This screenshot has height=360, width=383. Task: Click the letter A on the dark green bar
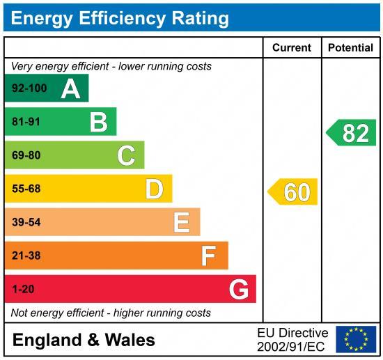pos(70,88)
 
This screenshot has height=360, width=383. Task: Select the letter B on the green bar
pos(98,122)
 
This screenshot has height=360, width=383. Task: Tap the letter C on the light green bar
pos(126,155)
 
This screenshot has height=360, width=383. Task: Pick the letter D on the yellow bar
pos(154,189)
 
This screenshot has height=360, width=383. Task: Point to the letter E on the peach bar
pos(181,222)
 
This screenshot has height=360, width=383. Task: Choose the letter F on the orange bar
pos(208,256)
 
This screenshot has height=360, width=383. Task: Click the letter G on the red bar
pos(238,289)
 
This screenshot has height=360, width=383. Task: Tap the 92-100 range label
pos(29,88)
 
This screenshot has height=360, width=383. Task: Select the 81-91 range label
pos(26,122)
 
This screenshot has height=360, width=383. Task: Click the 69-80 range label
pos(26,155)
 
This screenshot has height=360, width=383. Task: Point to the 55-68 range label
pos(26,189)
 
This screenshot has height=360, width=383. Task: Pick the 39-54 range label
pos(26,222)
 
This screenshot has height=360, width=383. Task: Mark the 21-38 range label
pos(26,256)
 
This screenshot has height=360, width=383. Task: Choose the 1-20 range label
pos(23,289)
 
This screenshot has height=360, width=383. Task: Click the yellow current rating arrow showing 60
pos(293,191)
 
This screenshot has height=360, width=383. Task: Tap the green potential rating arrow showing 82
pos(352,132)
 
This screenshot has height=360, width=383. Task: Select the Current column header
pos(291,48)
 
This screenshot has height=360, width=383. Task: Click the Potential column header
pos(350,48)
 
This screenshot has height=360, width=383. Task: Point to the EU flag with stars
pos(356,339)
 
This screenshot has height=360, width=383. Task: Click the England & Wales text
pos(84,340)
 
